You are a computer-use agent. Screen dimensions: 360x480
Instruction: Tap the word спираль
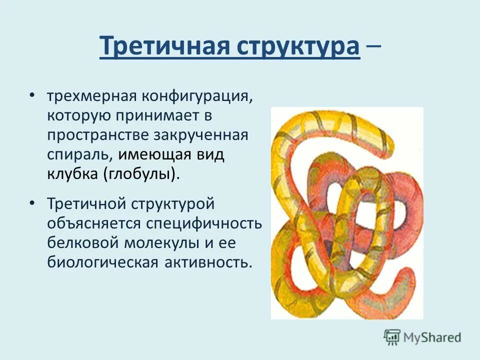click(78, 154)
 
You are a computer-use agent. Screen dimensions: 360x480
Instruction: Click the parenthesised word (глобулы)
click(141, 174)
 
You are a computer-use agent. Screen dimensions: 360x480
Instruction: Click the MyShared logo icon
click(392, 337)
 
